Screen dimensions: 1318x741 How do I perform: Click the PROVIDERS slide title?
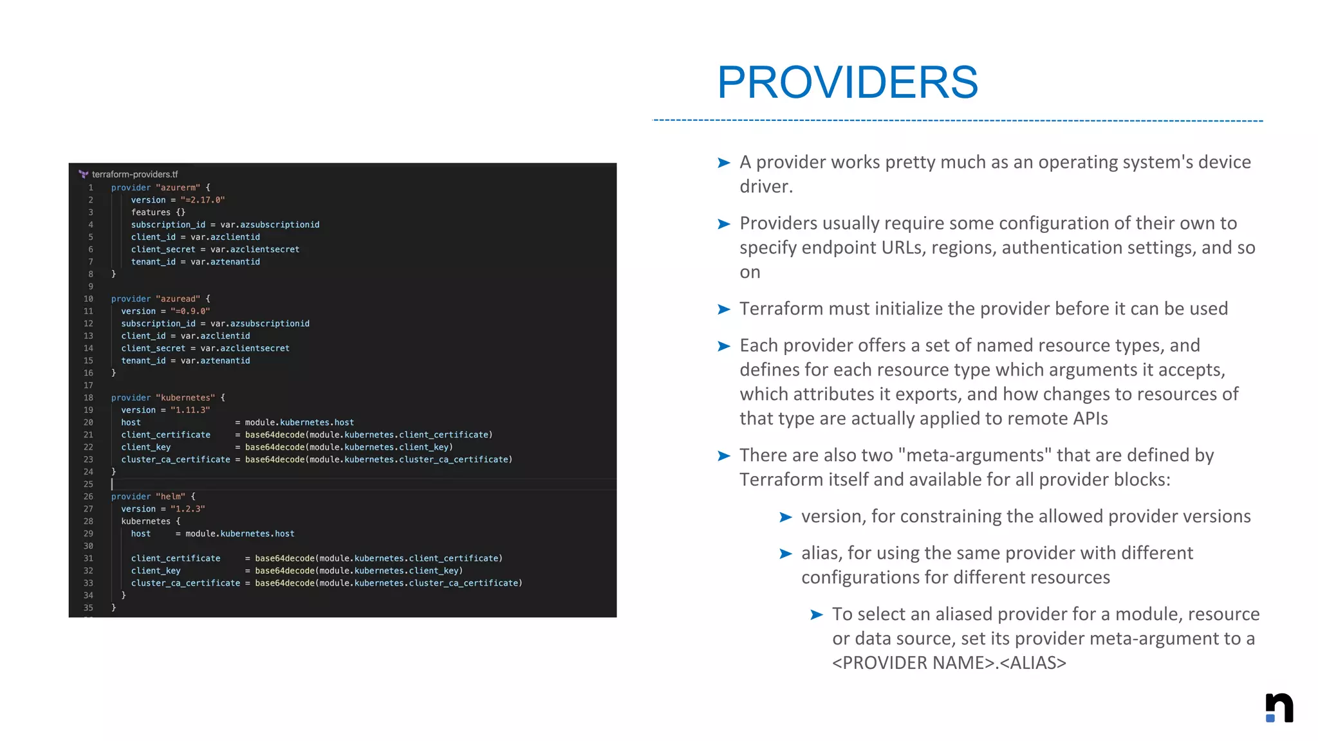[x=847, y=82]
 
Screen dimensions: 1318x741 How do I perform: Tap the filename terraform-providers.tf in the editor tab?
[x=135, y=174]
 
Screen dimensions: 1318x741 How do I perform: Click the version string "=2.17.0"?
[x=202, y=200]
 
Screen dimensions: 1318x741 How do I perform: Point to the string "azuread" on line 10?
[x=178, y=299]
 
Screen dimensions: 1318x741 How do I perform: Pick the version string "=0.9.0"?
[x=190, y=311]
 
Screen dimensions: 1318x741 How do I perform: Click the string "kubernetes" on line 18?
[x=185, y=398]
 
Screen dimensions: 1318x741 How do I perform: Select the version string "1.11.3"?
[x=190, y=410]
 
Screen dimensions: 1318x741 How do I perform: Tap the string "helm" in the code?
[x=171, y=497]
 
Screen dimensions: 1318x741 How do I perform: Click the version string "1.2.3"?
[x=187, y=509]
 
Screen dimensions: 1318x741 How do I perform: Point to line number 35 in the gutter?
[x=88, y=608]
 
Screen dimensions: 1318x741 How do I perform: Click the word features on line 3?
[x=151, y=212]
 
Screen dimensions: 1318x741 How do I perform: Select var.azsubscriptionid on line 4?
[x=270, y=224]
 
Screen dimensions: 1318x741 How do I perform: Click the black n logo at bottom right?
[x=1279, y=708]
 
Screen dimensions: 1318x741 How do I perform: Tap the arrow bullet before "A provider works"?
[x=724, y=163]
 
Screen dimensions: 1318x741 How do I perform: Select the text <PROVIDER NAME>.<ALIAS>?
[x=949, y=663]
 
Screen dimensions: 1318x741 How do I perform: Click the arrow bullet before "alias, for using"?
[x=785, y=554]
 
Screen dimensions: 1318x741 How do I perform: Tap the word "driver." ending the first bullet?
[x=766, y=187]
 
